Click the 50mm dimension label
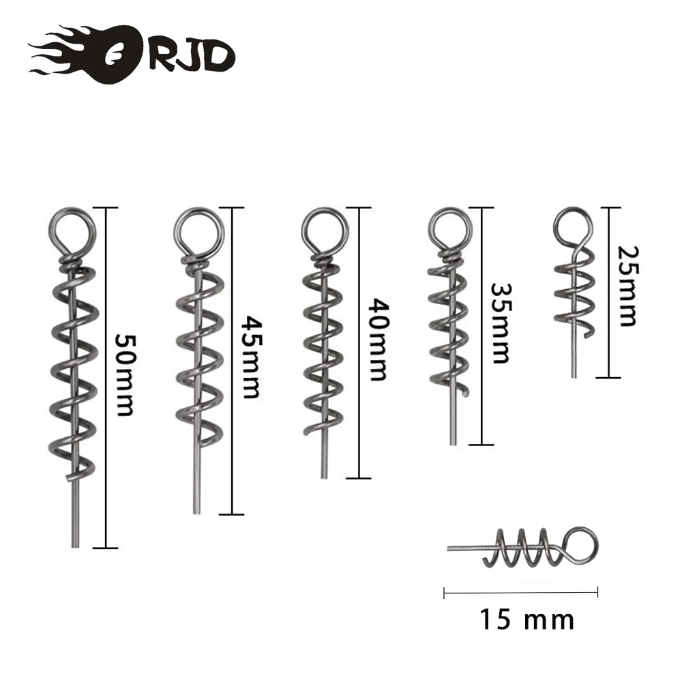(125, 374)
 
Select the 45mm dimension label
(250, 357)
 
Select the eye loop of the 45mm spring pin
(198, 231)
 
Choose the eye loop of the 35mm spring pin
(449, 228)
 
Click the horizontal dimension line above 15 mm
(521, 592)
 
